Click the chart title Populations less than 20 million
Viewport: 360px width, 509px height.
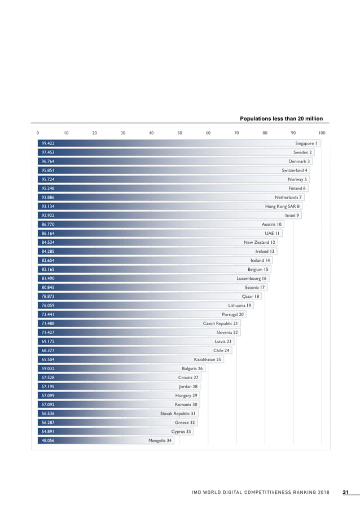pyautogui.click(x=281, y=119)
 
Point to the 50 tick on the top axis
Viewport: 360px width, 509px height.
pyautogui.click(x=179, y=133)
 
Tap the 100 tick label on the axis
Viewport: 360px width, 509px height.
pyautogui.click(x=322, y=133)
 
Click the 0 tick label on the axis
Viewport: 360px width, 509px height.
pyautogui.click(x=38, y=133)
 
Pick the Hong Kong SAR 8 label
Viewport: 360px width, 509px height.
pyautogui.click(x=283, y=207)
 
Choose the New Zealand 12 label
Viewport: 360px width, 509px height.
pyautogui.click(x=259, y=242)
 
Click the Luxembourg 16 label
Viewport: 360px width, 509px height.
pyautogui.click(x=252, y=278)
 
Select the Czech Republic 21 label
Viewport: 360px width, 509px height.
pyautogui.click(x=221, y=323)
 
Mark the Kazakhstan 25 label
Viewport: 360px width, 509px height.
pyautogui.click(x=208, y=359)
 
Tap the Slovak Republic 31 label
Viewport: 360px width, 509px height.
pyautogui.click(x=178, y=414)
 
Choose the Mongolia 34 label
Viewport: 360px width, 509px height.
pyautogui.click(x=160, y=441)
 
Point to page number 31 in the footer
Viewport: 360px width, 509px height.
pyautogui.click(x=345, y=493)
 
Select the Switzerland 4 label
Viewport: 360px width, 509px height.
pyautogui.click(x=295, y=170)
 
